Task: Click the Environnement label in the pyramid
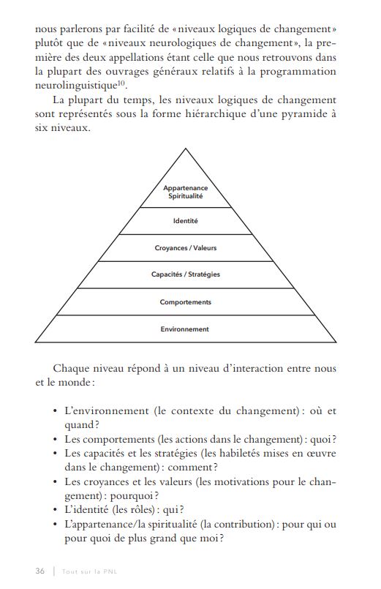[185, 329]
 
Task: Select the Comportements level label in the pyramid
[185, 302]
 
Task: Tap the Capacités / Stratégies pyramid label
[185, 275]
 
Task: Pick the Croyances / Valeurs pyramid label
[185, 248]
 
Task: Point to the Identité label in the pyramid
[185, 221]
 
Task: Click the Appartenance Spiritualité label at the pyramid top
[185, 192]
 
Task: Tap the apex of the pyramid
[185, 150]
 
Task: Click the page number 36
[40, 571]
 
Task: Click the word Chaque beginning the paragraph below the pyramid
[71, 368]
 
